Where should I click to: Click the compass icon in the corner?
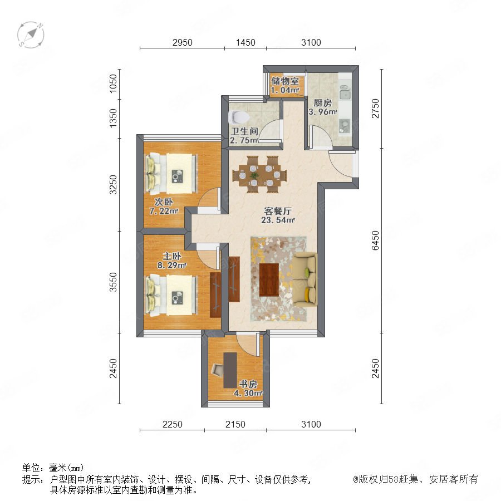[31, 35]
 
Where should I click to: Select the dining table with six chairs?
[259, 175]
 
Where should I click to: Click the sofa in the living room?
[305, 280]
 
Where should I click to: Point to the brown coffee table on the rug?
[269, 279]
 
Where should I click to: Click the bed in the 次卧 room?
[172, 174]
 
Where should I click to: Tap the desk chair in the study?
[218, 370]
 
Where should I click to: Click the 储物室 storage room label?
[285, 81]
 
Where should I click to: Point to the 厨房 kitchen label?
[322, 103]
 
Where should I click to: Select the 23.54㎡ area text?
[278, 220]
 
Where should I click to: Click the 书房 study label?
[248, 384]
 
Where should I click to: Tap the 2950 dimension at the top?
[183, 42]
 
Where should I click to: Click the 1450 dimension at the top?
[245, 42]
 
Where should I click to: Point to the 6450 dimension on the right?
[375, 240]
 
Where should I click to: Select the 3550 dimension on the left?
[113, 282]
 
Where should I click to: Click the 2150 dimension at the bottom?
[235, 424]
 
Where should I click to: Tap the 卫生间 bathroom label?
[245, 131]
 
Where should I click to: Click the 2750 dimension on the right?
[375, 109]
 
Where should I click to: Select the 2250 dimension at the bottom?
[172, 424]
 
